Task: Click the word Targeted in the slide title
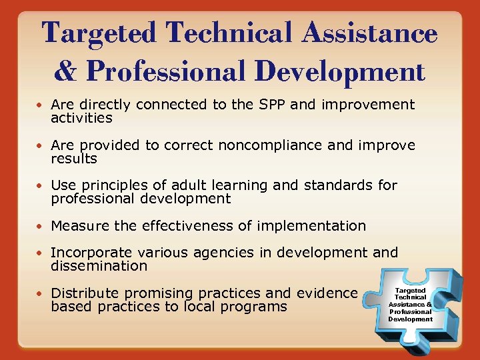(x=101, y=34)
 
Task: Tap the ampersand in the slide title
(x=66, y=71)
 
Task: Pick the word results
(x=74, y=159)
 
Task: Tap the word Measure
(x=80, y=226)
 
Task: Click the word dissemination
(x=99, y=266)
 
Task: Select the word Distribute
(x=85, y=293)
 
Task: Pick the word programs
(x=253, y=307)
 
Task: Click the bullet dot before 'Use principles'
(x=41, y=186)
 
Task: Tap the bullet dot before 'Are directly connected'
(x=41, y=105)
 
